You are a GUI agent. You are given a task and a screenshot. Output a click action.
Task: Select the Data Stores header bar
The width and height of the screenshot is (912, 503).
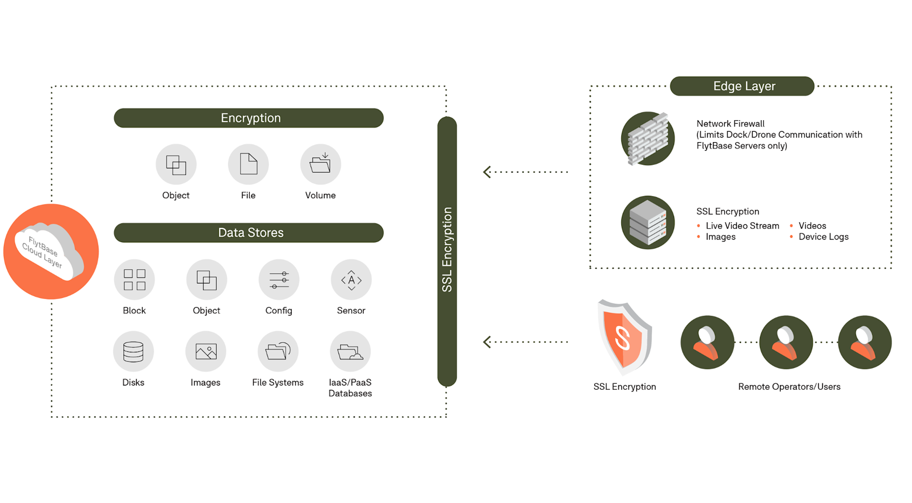tap(248, 232)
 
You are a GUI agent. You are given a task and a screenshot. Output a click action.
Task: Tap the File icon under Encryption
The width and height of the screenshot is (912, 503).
tap(248, 164)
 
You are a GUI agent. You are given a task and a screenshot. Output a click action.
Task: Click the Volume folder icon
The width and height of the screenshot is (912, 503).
tap(321, 164)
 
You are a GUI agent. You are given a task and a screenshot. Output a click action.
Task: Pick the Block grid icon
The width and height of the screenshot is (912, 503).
tap(134, 280)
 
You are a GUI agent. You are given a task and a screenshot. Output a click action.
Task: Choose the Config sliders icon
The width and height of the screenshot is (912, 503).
tap(279, 280)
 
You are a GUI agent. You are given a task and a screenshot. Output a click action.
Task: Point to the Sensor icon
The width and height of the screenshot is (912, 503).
tap(351, 280)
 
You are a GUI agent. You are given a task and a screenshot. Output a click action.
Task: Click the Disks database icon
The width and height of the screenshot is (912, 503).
tap(133, 352)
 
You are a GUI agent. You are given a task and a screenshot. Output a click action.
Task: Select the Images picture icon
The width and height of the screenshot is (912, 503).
tap(206, 352)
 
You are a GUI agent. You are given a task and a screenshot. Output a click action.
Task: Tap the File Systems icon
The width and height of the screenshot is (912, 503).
tap(278, 352)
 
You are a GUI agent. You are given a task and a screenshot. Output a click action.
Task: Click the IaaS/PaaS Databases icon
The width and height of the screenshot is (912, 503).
tap(350, 352)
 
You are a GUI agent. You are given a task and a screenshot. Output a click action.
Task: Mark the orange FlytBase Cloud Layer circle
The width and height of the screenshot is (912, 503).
tap(51, 251)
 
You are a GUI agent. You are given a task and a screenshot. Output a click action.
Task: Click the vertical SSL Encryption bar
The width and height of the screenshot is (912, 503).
tap(447, 251)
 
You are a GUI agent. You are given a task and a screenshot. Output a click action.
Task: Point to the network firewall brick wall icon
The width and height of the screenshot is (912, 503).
tap(648, 139)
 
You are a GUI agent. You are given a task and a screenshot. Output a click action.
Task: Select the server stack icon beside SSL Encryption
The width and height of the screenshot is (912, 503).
tap(648, 222)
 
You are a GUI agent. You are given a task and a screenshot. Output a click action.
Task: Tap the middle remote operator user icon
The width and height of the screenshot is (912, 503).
tap(786, 342)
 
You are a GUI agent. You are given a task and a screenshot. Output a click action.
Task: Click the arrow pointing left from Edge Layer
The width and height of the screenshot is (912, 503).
tap(487, 172)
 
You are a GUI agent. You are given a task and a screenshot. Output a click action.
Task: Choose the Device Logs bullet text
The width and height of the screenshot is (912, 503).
tap(823, 237)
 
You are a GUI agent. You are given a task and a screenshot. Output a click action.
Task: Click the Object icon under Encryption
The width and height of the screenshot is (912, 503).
tap(176, 164)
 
